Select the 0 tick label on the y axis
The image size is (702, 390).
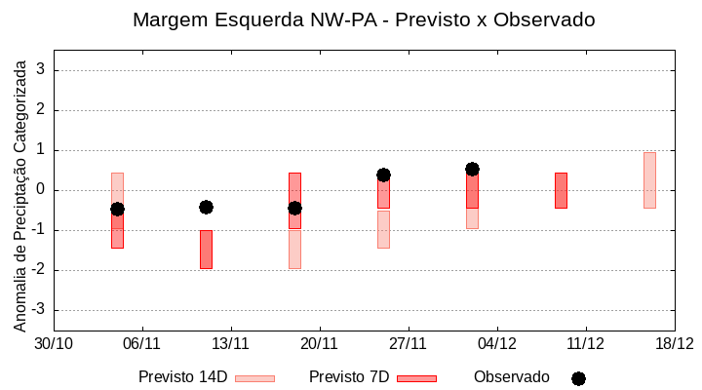[x=41, y=190]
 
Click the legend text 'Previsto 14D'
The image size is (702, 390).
[x=182, y=377]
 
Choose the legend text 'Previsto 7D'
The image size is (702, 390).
[x=348, y=377]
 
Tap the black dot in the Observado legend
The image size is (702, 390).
[x=578, y=378]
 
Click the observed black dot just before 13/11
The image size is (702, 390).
[x=206, y=207]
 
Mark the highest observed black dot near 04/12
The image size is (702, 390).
[x=472, y=169]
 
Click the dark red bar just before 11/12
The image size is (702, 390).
[x=561, y=190]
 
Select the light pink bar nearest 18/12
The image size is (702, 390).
[x=649, y=180]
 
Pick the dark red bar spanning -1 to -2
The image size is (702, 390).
[x=206, y=250]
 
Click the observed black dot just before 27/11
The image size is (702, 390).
[x=383, y=175]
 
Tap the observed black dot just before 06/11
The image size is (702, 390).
[x=117, y=209]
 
